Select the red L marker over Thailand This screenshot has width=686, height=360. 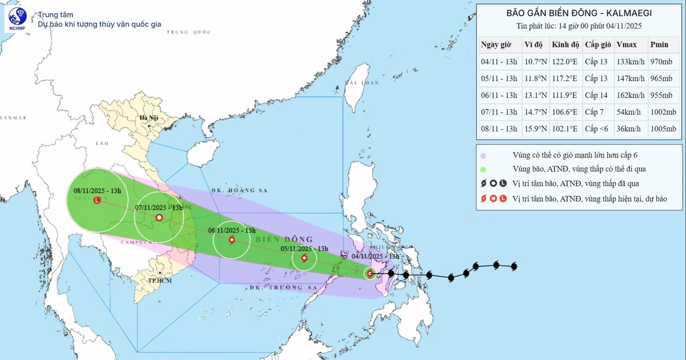tap(97, 201)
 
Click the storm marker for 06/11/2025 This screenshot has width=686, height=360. tap(232, 240)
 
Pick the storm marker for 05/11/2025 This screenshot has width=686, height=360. tap(304, 258)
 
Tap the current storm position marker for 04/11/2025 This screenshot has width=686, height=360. tap(370, 274)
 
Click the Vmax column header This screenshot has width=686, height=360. tap(627, 45)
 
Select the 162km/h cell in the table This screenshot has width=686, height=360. tap(629, 95)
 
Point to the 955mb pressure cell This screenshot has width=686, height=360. tap(662, 95)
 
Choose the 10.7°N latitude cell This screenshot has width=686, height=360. tap(535, 62)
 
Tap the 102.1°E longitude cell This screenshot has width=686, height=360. tap(564, 129)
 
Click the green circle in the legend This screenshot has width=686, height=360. tap(484, 169)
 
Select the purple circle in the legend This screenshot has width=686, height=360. tap(484, 155)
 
